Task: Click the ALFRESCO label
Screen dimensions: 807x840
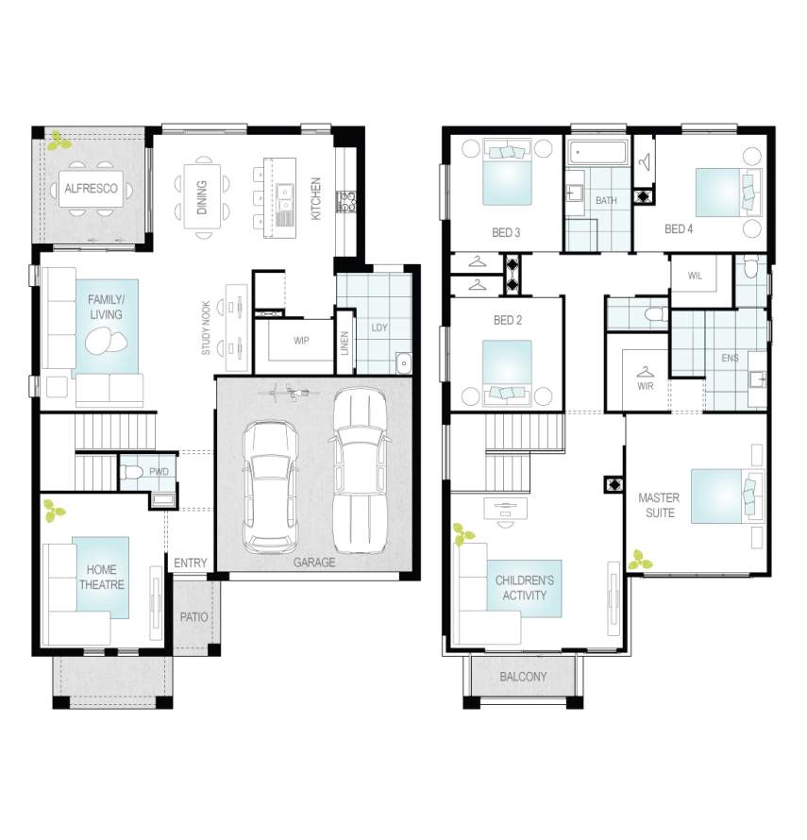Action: (91, 189)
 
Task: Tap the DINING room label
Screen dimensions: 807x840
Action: (202, 197)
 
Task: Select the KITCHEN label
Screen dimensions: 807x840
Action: (316, 199)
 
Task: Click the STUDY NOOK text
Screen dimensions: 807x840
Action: (206, 328)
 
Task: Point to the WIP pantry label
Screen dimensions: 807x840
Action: (301, 340)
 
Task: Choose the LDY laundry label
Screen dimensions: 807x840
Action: (379, 328)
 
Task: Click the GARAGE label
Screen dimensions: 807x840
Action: (314, 563)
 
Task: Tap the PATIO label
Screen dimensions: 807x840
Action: (193, 617)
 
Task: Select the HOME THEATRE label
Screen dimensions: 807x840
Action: (101, 577)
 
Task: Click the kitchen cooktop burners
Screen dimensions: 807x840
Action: (346, 202)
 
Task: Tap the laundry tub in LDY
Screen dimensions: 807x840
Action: (404, 363)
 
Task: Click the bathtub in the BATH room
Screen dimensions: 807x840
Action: (597, 152)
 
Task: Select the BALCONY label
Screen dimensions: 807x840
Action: (523, 677)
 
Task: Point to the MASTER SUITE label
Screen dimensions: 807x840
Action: (659, 505)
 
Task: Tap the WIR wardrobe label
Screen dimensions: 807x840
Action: (646, 386)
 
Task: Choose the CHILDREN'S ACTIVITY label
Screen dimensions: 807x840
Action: (525, 588)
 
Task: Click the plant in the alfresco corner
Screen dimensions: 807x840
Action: (59, 141)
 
